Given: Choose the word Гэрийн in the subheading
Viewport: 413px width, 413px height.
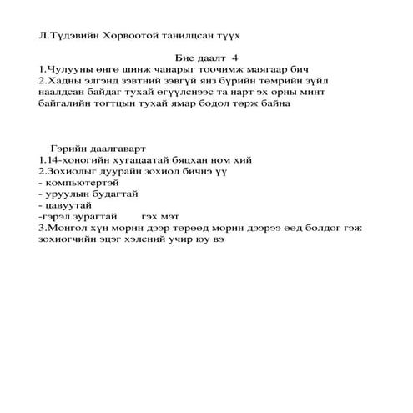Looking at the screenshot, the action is point(67,148).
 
